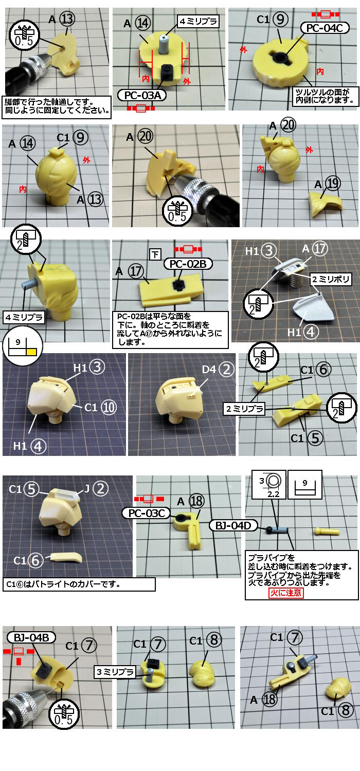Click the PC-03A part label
point(141,95)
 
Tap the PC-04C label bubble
point(325,28)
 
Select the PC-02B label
point(188,264)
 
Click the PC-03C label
point(147,513)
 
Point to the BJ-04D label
point(233,526)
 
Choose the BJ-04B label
point(31,637)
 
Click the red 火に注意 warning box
point(286,592)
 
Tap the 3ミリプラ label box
point(115,671)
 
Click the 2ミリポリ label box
point(331,279)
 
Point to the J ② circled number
point(101,488)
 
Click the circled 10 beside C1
point(109,408)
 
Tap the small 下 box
point(155,254)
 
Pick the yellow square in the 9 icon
point(32,352)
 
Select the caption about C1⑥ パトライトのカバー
point(79,584)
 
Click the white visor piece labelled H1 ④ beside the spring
point(314,310)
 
